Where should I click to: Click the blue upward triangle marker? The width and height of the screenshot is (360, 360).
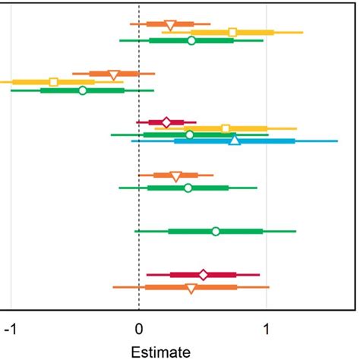(x=235, y=140)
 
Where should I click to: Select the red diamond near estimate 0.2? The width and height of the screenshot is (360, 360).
(x=166, y=122)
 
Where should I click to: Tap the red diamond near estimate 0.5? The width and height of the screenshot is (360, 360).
(x=203, y=274)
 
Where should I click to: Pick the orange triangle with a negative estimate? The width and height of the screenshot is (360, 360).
(x=114, y=74)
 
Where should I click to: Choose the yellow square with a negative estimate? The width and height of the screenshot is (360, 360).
(x=53, y=81)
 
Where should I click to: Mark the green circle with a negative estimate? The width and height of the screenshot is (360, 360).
(x=83, y=90)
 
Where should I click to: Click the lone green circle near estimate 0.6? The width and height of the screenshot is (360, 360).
(x=216, y=231)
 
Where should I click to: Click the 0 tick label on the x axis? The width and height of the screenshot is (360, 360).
(x=139, y=331)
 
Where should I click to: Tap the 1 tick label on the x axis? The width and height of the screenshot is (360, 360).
(x=267, y=331)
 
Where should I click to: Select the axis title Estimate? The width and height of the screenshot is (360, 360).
(x=156, y=352)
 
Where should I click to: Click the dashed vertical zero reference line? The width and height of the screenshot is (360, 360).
(x=139, y=205)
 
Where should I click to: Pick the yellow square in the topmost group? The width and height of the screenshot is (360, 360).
(x=232, y=32)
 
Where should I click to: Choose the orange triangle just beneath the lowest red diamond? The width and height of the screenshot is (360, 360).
(x=191, y=288)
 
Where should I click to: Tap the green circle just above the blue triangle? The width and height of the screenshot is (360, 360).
(x=189, y=134)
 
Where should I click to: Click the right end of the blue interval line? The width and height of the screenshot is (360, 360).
(x=337, y=141)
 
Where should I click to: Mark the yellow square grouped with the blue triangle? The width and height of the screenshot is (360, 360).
(x=225, y=128)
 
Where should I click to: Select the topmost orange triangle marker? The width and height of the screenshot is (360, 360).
(x=170, y=25)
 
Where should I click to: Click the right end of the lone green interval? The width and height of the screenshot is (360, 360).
(x=295, y=231)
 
